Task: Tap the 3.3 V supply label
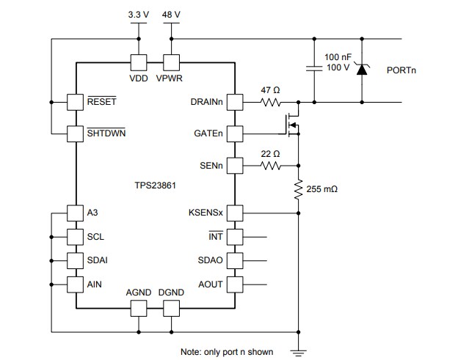click(x=137, y=14)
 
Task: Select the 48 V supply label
click(x=172, y=14)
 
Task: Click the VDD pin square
click(x=138, y=63)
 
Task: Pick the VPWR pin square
click(x=171, y=63)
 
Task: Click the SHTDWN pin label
click(x=107, y=133)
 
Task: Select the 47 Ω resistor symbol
click(x=271, y=102)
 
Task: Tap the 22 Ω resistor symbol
click(x=271, y=166)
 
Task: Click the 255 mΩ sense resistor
click(x=298, y=190)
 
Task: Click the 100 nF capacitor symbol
click(x=314, y=70)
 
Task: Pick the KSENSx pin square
click(x=235, y=213)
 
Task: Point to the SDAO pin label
click(x=210, y=260)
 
